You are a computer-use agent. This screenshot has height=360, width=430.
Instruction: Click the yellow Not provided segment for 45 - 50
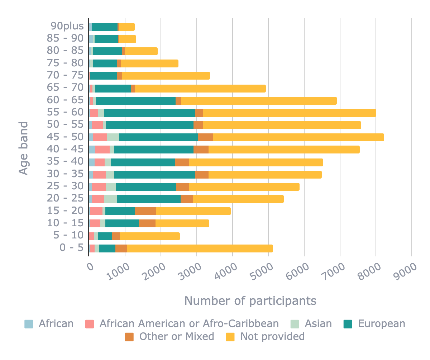click(x=298, y=137)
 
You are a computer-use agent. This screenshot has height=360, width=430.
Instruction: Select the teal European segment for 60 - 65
click(x=136, y=101)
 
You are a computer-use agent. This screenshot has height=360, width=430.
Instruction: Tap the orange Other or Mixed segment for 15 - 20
click(x=145, y=211)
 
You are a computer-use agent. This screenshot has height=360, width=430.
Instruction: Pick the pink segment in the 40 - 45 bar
click(x=102, y=150)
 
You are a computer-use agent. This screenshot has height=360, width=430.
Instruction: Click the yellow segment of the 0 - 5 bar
click(x=200, y=248)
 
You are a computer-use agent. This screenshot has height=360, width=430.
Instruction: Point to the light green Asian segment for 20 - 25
click(x=110, y=199)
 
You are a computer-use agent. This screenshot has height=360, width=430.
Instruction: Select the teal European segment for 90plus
click(x=104, y=27)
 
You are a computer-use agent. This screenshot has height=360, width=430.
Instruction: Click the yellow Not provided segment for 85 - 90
click(x=127, y=39)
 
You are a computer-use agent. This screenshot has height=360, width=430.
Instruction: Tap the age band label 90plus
click(x=67, y=26)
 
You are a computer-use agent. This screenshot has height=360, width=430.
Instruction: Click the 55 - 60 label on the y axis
click(x=65, y=112)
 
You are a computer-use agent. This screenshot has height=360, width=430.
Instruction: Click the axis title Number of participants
click(x=250, y=301)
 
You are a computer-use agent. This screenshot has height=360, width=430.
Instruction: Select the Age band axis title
click(x=24, y=148)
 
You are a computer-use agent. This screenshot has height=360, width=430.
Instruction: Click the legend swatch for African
click(x=29, y=324)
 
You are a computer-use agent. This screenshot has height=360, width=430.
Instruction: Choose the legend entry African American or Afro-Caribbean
click(x=189, y=323)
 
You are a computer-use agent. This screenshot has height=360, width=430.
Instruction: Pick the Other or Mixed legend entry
click(x=177, y=336)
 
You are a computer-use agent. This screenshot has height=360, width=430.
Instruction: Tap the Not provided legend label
click(x=272, y=336)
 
